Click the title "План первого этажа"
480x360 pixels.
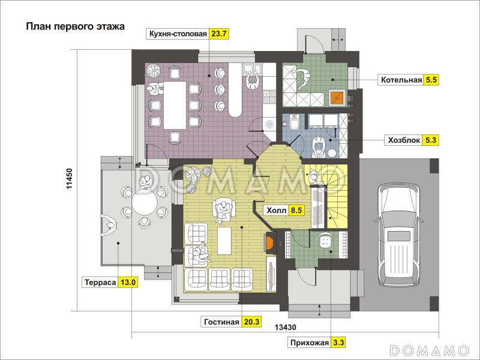(74, 26)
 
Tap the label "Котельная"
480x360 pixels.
(400, 79)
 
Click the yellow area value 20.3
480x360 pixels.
(251, 322)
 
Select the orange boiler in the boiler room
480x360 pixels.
(337, 97)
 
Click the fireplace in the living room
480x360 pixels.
(269, 242)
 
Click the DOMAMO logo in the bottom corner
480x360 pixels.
(429, 350)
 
